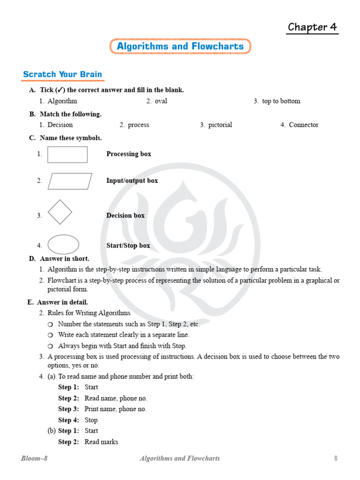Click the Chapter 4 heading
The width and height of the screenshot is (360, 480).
click(312, 27)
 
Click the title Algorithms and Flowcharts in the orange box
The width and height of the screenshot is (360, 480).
click(180, 46)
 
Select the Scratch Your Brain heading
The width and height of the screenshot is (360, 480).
click(62, 75)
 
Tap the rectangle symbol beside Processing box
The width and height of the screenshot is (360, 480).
click(67, 154)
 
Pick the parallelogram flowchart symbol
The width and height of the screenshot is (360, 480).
click(70, 181)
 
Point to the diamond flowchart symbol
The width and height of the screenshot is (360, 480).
click(60, 212)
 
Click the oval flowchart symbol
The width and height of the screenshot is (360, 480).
click(63, 244)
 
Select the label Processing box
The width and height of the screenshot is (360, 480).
click(128, 154)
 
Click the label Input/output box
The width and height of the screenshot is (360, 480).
click(132, 181)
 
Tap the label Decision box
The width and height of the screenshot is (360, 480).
click(125, 216)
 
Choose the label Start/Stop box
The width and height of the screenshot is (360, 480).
click(128, 246)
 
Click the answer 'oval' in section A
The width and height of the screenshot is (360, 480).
click(161, 101)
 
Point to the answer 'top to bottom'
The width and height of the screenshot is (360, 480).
click(281, 101)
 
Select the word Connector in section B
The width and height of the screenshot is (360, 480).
click(303, 125)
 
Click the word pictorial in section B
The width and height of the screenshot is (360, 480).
click(220, 125)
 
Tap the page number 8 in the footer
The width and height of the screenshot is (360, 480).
click(336, 458)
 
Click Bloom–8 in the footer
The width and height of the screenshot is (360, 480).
click(34, 458)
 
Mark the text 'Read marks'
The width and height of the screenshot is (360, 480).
click(101, 442)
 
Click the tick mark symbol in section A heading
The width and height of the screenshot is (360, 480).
click(60, 90)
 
